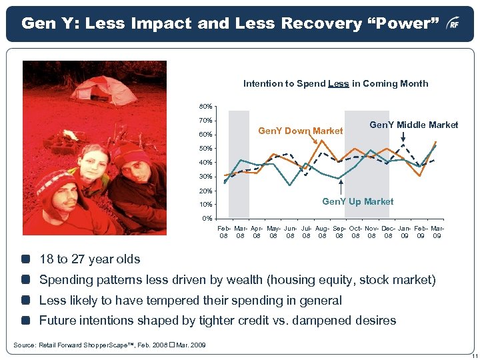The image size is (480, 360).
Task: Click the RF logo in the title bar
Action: [x=453, y=24]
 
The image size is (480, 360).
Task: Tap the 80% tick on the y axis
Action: [x=205, y=107]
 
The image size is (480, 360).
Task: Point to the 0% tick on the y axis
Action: [x=207, y=219]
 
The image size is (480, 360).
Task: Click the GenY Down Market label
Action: [x=300, y=131]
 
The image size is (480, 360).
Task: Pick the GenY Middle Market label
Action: [x=413, y=125]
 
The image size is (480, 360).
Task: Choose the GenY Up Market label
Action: [x=358, y=201]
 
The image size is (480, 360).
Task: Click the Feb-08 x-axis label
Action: [x=225, y=232]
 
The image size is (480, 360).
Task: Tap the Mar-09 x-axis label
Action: [x=437, y=232]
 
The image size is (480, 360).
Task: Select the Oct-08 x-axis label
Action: [x=355, y=232]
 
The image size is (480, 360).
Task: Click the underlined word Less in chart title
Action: [x=339, y=84]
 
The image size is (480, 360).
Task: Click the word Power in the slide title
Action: [x=410, y=24]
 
